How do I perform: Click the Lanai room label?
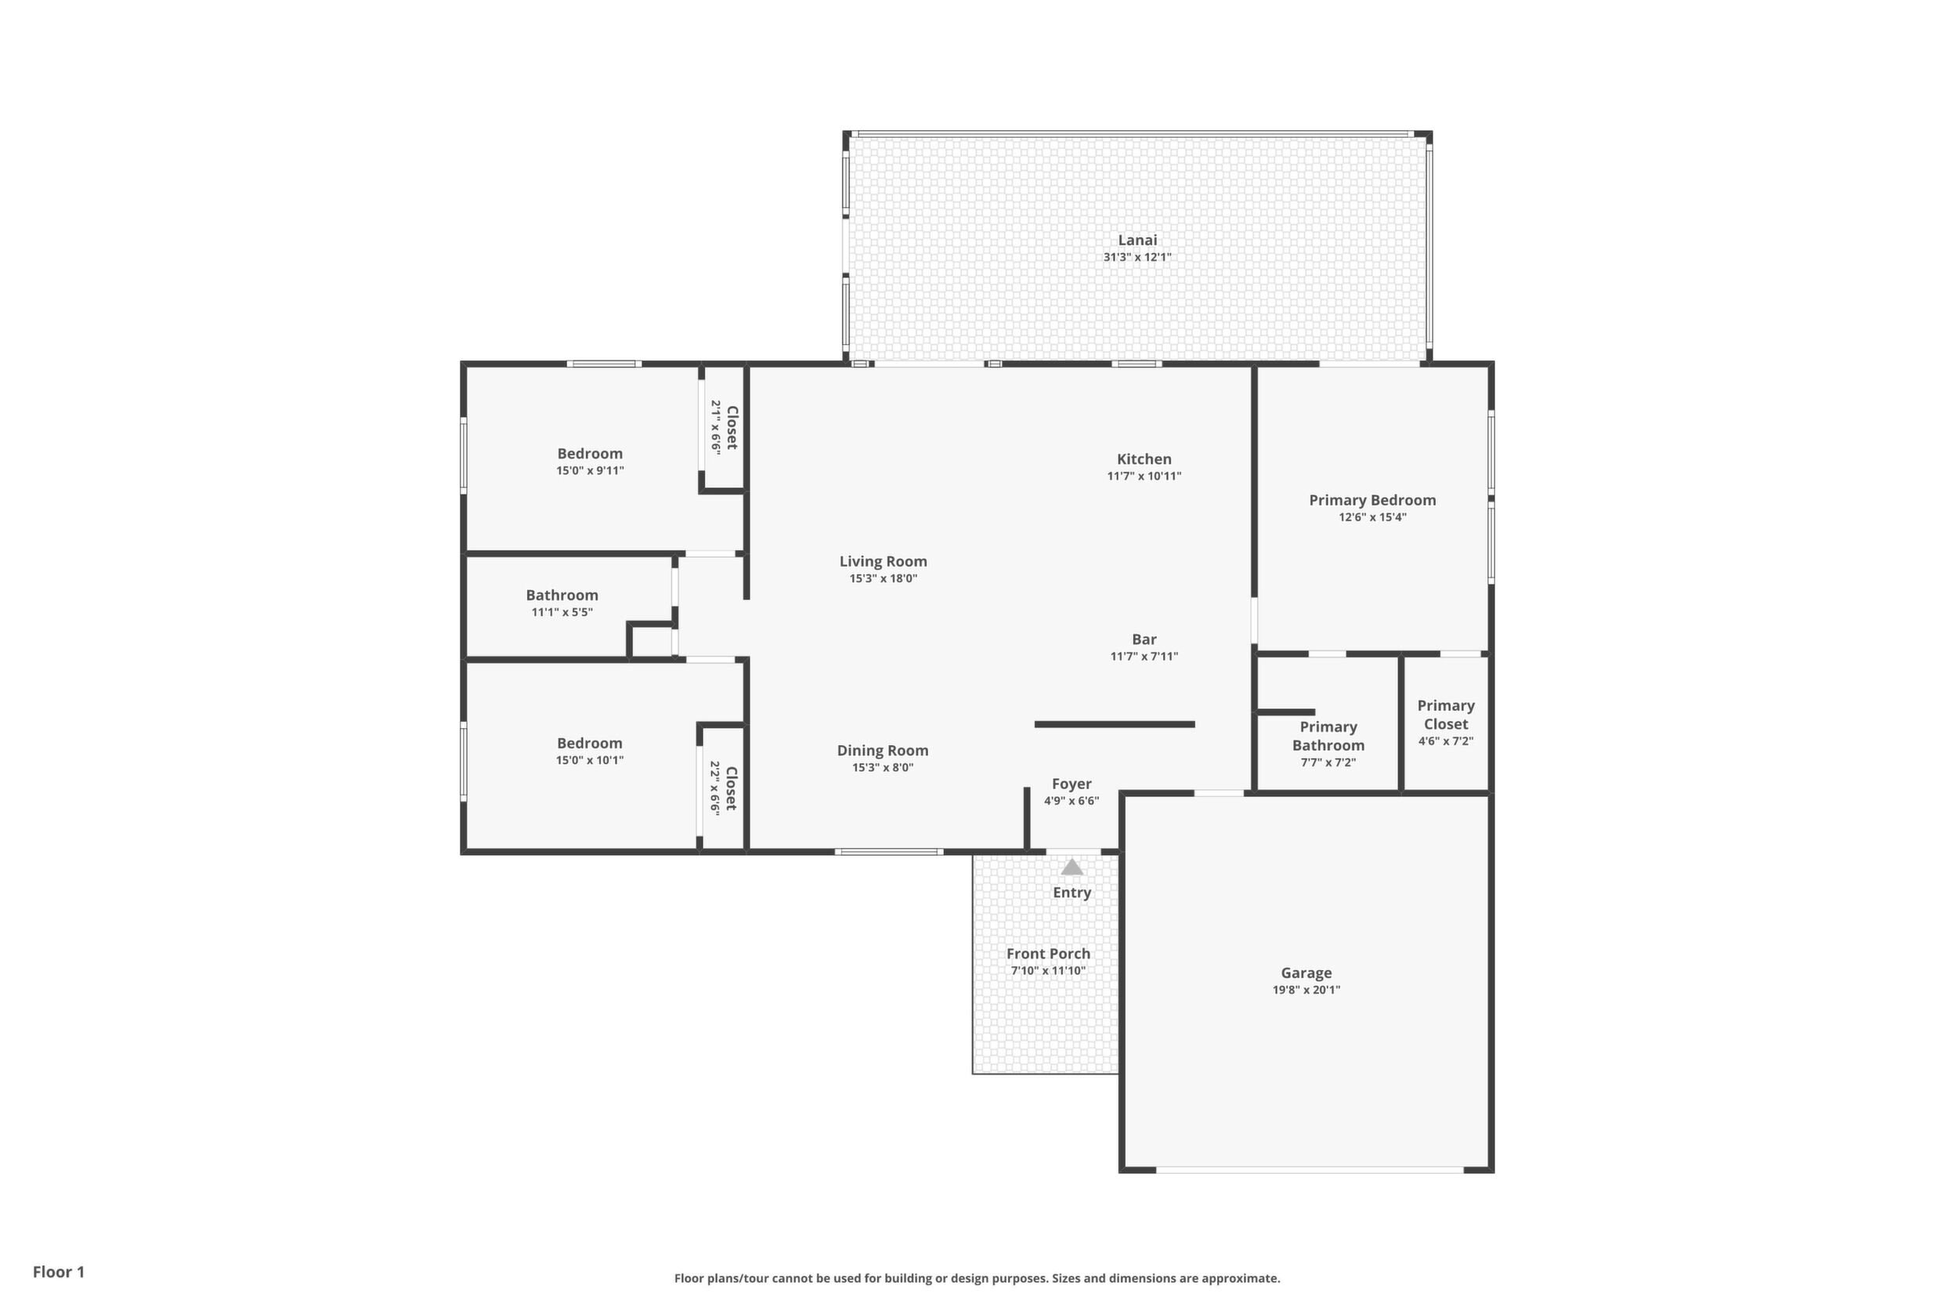point(1137,241)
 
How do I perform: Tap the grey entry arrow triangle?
point(1072,868)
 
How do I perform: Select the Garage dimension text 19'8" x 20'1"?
point(1306,991)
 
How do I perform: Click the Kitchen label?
point(1144,459)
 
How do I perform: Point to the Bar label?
point(1144,639)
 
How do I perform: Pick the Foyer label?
point(1071,784)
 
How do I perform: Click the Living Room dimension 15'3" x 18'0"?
point(883,579)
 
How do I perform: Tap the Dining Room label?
point(883,751)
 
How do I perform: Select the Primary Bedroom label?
point(1372,501)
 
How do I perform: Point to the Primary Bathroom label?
point(1328,737)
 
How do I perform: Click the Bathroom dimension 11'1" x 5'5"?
point(562,613)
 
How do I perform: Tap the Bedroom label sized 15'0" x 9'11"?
point(590,454)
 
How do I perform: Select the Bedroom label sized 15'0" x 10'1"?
point(589,744)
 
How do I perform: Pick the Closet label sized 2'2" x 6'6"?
point(732,788)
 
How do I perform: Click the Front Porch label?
point(1048,954)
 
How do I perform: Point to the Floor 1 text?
point(58,1272)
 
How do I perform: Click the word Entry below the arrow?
point(1071,893)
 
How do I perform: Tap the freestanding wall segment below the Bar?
point(1115,724)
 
